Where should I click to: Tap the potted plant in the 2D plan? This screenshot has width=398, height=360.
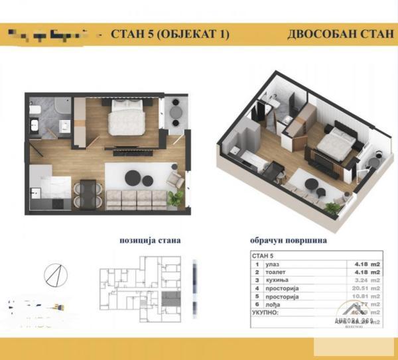point(176,198)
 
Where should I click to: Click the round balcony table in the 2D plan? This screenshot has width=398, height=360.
point(176,112)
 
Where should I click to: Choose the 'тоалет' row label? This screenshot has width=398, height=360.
point(277,271)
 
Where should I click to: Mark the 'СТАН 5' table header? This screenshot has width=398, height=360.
point(264,254)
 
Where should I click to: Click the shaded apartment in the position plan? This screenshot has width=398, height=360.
point(171,295)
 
